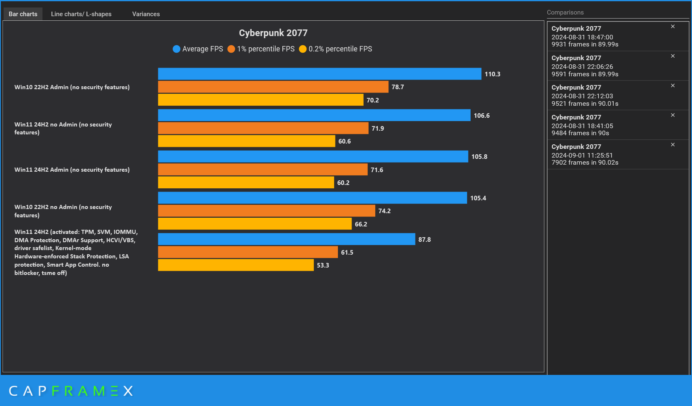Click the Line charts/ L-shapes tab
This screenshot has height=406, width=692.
coord(81,14)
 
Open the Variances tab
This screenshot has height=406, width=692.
coord(146,14)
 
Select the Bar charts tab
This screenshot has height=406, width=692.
coord(23,14)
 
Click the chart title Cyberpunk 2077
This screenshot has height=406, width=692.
coord(273,33)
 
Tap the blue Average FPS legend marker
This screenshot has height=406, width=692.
coord(177,49)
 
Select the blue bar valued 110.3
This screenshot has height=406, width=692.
coord(319,74)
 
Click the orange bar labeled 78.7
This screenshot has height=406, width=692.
coord(273,87)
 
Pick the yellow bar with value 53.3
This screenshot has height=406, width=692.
coord(236,265)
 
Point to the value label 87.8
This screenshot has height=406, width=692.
coord(424,239)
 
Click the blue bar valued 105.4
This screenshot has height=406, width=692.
coord(312,198)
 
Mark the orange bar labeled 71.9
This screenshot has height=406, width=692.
coord(263,128)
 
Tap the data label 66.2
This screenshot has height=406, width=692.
coord(361,224)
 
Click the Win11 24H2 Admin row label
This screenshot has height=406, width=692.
coord(72,170)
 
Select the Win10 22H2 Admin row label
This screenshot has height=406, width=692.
coord(72,87)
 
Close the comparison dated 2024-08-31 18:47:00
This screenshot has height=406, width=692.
coord(673,27)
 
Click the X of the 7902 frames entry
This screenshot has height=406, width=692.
coord(673,145)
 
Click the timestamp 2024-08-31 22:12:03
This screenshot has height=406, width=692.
coord(582,96)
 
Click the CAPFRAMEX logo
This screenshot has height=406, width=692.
coord(71,391)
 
